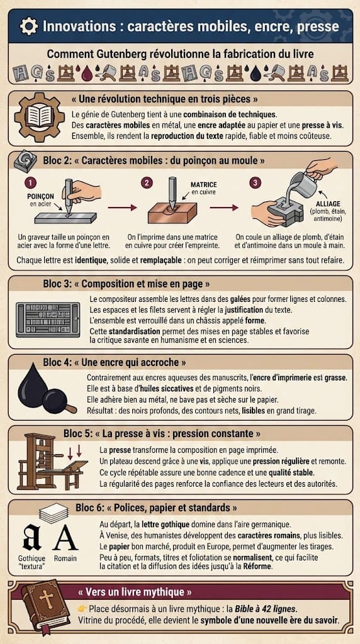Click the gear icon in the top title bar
(28, 26)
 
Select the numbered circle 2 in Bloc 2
(147, 183)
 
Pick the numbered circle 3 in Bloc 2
(255, 183)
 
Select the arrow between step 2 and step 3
(224, 206)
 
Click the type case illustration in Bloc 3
(47, 319)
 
